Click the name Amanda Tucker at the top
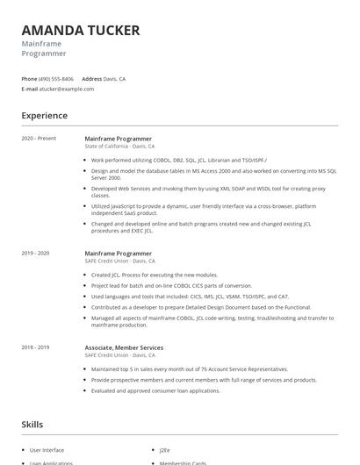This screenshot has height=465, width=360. [x=81, y=31]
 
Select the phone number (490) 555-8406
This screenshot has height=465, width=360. [x=56, y=78]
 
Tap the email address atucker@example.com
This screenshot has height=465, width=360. [x=67, y=89]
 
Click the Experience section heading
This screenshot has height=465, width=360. [x=44, y=116]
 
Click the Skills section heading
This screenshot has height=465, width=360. [x=32, y=425]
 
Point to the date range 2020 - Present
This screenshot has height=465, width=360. [x=39, y=139]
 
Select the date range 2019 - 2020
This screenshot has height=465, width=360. [x=36, y=254]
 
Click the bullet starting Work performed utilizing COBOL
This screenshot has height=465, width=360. [x=167, y=161]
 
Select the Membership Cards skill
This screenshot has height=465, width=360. [x=182, y=461]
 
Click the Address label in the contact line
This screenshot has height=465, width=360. [x=92, y=78]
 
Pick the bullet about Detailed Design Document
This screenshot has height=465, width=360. [x=201, y=307]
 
